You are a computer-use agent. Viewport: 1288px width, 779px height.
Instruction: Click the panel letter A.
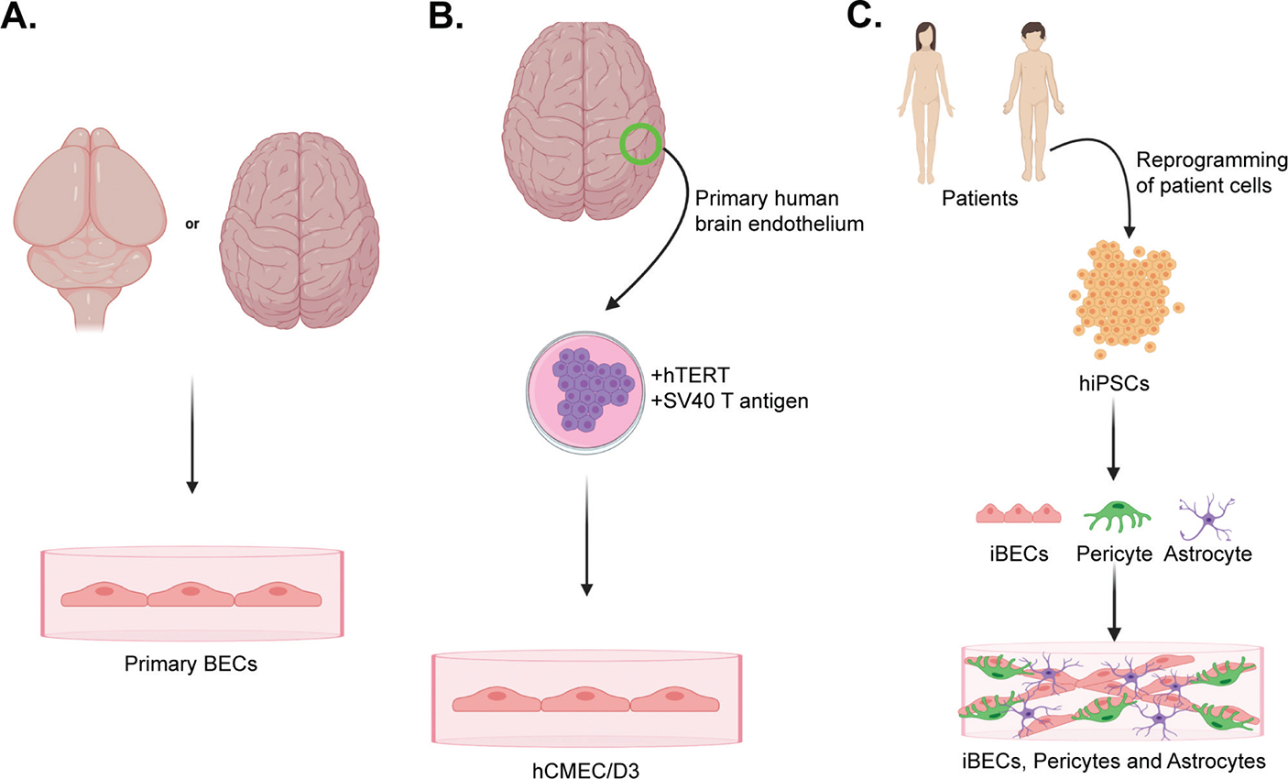tap(18, 16)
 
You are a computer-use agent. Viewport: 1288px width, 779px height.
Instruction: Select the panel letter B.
tap(447, 16)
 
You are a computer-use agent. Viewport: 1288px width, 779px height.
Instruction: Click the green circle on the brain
tap(639, 145)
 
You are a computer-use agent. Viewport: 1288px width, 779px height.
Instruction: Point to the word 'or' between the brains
tap(192, 223)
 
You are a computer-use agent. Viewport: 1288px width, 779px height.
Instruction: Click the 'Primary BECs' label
tap(191, 664)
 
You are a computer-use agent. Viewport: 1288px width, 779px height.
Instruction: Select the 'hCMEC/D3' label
tap(587, 768)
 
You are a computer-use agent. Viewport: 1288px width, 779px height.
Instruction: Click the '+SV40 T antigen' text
tap(729, 400)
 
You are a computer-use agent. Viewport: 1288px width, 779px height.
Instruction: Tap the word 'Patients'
tap(979, 197)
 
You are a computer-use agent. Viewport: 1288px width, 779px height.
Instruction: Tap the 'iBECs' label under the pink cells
tap(1019, 554)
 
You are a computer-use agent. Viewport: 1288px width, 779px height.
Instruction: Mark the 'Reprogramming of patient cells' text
tap(1211, 172)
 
